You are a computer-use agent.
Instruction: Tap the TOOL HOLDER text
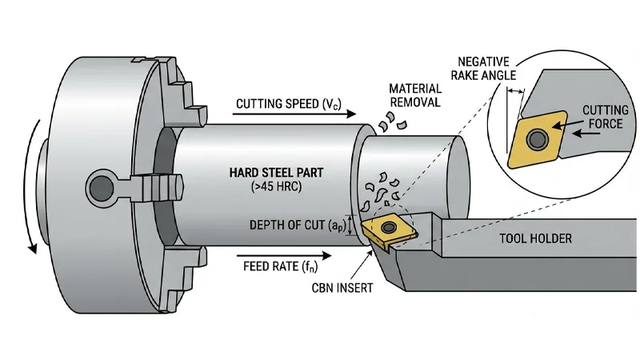[535, 238]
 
